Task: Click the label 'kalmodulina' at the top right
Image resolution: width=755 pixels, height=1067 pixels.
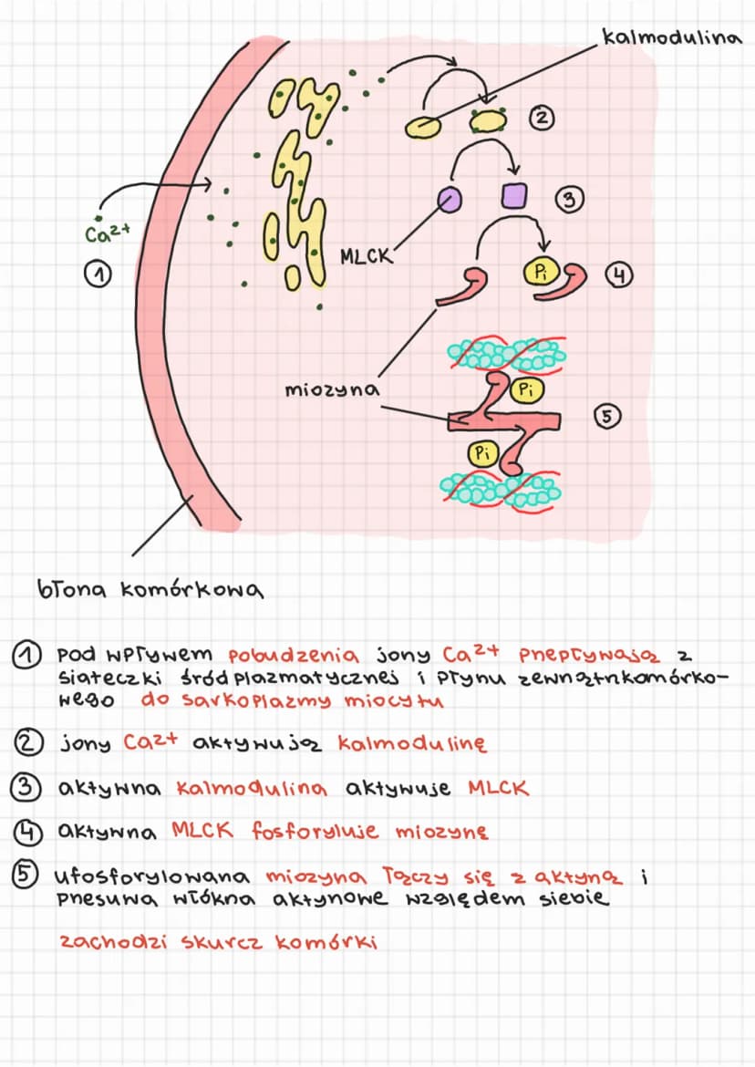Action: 671,36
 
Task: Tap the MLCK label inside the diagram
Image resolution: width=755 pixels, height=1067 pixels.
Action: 366,256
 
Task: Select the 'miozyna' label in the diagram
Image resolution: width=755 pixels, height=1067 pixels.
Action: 332,390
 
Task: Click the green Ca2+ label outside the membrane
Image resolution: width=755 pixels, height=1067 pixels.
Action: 108,233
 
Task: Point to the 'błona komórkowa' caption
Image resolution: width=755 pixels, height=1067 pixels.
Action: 150,588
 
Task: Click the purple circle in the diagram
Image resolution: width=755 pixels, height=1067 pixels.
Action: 449,200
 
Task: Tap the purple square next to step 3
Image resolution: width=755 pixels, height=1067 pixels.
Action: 513,195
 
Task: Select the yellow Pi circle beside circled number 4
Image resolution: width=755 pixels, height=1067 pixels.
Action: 541,273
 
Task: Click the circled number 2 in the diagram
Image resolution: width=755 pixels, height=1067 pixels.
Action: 542,119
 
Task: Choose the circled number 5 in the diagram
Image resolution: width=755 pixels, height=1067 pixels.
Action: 606,416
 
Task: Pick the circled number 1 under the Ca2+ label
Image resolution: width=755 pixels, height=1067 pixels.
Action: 98,275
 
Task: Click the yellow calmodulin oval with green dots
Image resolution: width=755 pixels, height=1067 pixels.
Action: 489,121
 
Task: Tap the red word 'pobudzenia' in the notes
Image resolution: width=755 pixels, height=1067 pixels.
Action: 294,656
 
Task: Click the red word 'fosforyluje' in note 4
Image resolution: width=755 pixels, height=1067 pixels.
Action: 315,831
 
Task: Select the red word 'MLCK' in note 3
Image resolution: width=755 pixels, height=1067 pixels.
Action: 499,788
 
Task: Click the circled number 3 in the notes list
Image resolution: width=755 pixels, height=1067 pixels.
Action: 25,787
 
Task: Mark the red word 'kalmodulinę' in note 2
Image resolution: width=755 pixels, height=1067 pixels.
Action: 413,743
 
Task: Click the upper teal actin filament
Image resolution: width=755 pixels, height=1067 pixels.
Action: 506,354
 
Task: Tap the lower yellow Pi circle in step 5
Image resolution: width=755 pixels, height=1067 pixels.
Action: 482,453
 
